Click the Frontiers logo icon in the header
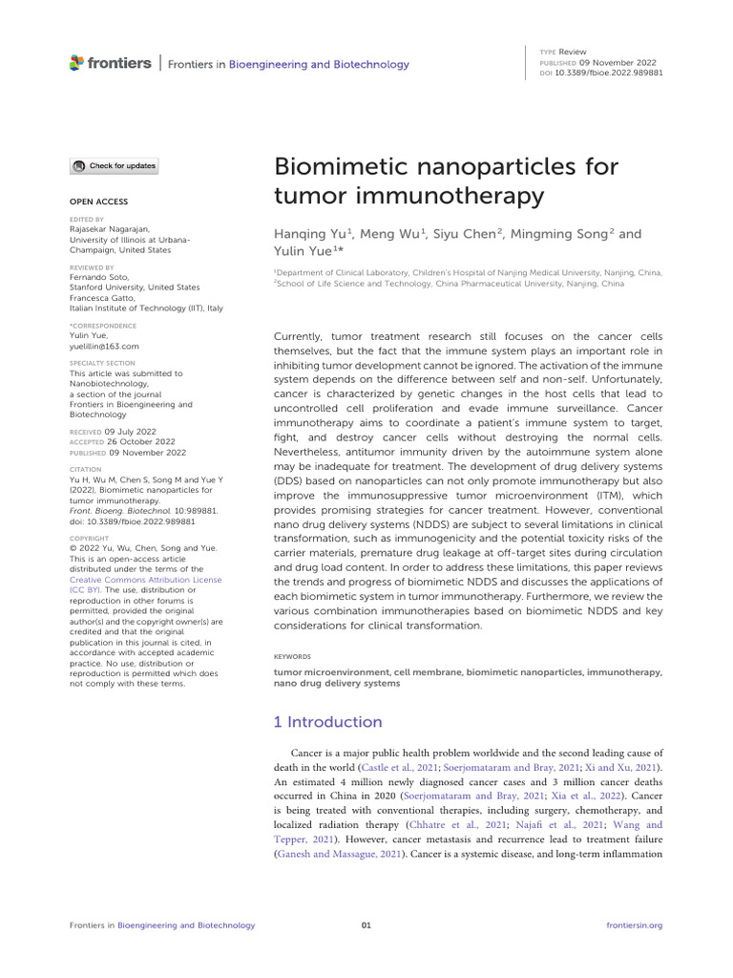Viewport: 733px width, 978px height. (77, 63)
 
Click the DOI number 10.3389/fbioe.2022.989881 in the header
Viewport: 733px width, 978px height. (614, 73)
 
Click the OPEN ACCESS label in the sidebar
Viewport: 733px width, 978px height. (99, 202)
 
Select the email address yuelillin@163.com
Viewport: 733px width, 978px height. (105, 347)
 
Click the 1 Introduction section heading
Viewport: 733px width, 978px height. (327, 722)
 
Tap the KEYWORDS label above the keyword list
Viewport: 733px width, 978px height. (292, 657)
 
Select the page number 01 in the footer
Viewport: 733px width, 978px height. (366, 925)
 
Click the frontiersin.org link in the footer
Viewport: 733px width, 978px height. (634, 925)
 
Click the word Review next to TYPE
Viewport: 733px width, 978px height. (574, 51)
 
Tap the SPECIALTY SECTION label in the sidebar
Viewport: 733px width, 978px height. (102, 364)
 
